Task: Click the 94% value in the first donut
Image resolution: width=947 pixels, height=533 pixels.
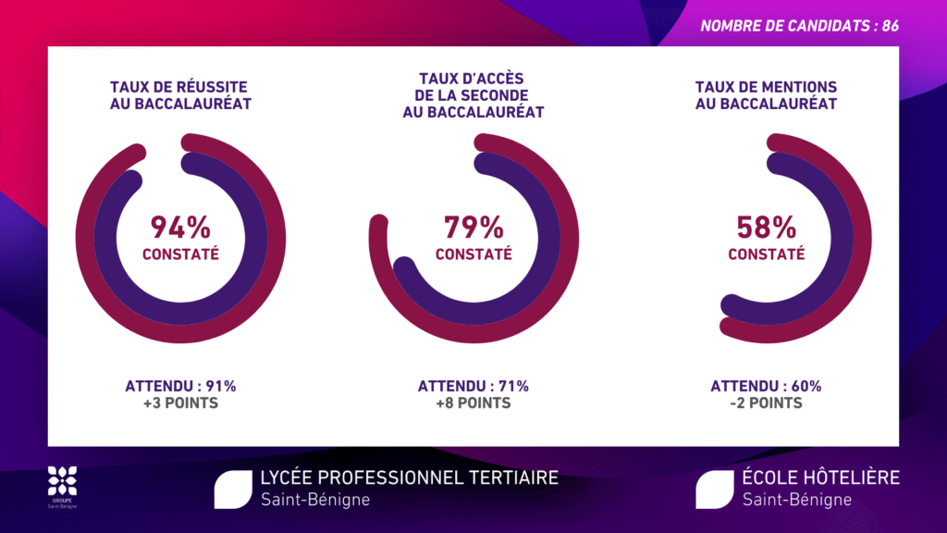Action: pyautogui.click(x=181, y=227)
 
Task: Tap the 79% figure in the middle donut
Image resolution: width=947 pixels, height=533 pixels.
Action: pyautogui.click(x=473, y=227)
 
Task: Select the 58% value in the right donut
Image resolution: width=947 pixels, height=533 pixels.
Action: pyautogui.click(x=766, y=227)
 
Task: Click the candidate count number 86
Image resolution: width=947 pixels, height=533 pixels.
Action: pyautogui.click(x=891, y=26)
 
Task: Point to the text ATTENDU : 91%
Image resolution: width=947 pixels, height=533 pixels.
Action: pyautogui.click(x=181, y=386)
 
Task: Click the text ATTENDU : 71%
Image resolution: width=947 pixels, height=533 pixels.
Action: pyautogui.click(x=473, y=386)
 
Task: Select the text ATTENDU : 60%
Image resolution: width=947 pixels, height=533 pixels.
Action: pyautogui.click(x=766, y=386)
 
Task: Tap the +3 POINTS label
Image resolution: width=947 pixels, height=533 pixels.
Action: pyautogui.click(x=181, y=403)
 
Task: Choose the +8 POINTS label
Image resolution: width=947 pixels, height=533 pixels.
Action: pyautogui.click(x=473, y=403)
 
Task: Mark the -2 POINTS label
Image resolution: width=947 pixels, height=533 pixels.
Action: pyautogui.click(x=766, y=403)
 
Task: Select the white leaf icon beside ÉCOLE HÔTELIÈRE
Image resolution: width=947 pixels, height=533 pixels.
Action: pyautogui.click(x=714, y=489)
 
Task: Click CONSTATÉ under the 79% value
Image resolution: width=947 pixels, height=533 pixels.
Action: pyautogui.click(x=473, y=254)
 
